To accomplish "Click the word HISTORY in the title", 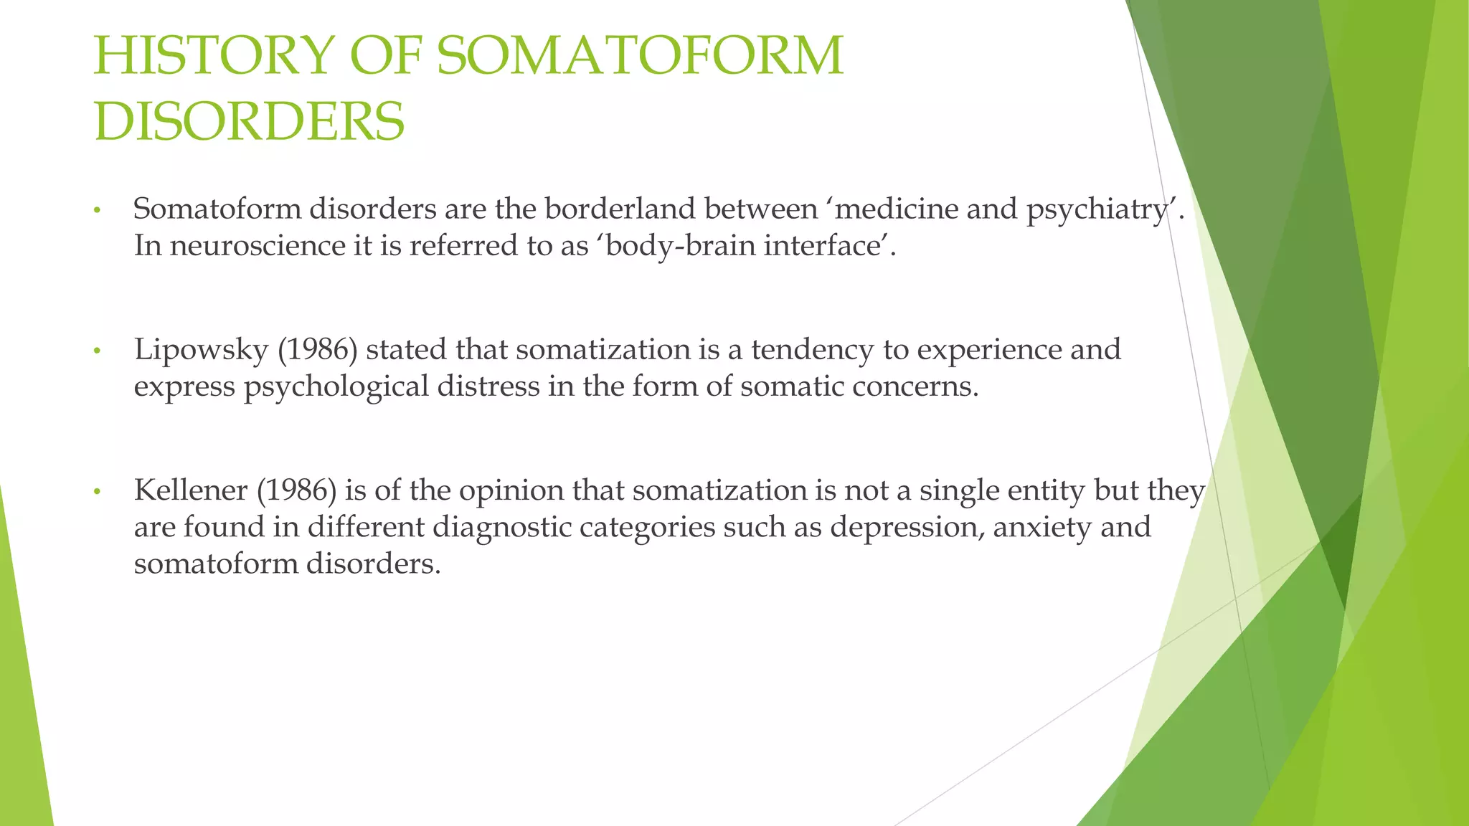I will point(214,56).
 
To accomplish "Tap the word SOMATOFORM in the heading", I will point(640,56).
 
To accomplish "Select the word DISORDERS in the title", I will point(249,121).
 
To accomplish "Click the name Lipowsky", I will point(201,350).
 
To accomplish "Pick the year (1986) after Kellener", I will point(296,490).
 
